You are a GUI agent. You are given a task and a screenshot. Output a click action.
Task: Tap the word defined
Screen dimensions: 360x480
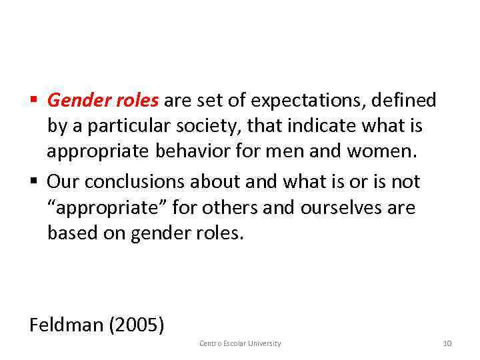coord(405,101)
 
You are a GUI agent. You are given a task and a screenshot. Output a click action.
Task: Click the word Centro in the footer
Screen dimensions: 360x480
coord(211,343)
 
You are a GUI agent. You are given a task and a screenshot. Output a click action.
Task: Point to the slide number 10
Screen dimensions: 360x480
coord(447,343)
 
